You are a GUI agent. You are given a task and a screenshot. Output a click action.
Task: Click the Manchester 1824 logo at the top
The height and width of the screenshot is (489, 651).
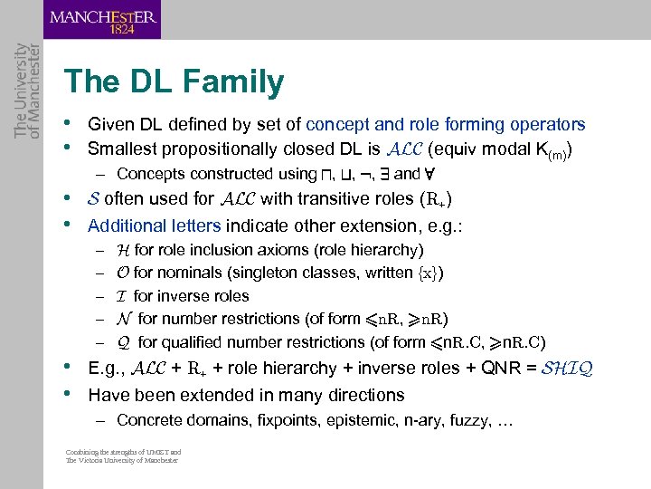[x=102, y=19]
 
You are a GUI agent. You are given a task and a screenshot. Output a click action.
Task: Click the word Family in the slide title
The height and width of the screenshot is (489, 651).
[x=234, y=82]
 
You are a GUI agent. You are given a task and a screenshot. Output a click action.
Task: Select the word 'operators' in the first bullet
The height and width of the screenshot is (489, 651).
[x=551, y=125]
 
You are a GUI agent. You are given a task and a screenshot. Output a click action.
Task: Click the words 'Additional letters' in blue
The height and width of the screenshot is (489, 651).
[x=154, y=225]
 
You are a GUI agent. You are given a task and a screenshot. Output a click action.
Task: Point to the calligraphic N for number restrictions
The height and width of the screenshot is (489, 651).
[x=124, y=319]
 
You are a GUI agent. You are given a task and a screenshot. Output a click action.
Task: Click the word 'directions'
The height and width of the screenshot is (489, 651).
[x=364, y=395]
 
